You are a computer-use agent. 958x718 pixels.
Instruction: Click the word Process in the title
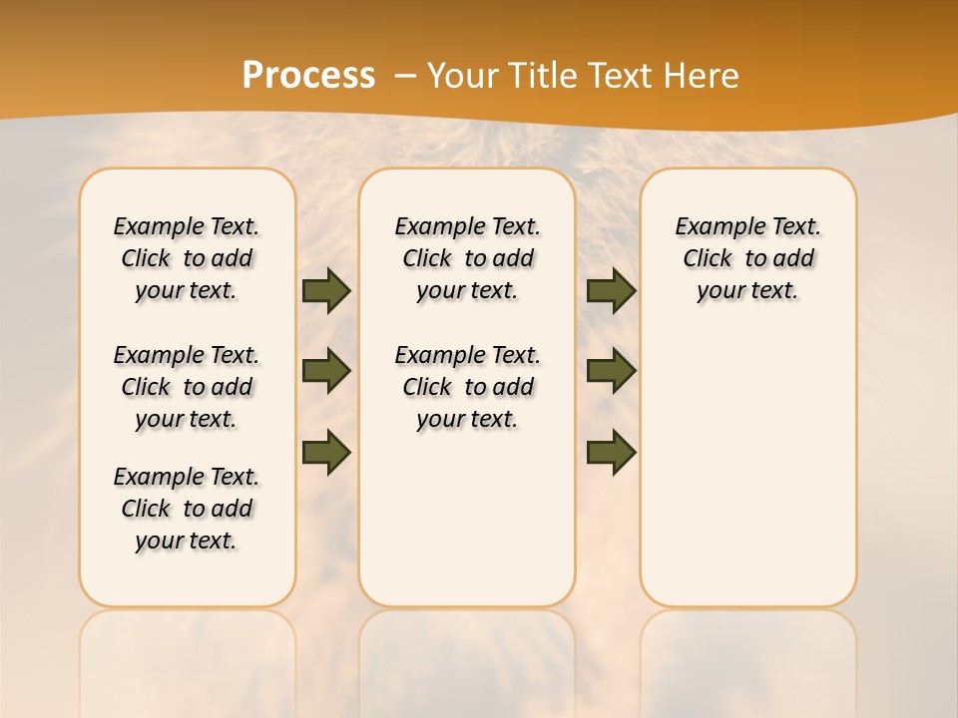[x=308, y=76]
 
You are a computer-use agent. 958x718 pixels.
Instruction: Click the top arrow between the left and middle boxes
[x=326, y=291]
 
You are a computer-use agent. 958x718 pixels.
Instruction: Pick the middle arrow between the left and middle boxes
[x=326, y=371]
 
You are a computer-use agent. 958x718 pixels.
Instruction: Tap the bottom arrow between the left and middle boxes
[x=326, y=452]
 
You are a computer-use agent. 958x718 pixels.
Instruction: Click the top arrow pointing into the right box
[x=611, y=291]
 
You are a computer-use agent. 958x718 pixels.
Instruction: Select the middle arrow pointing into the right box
[x=611, y=371]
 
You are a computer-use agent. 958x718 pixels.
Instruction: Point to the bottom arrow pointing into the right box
[x=611, y=452]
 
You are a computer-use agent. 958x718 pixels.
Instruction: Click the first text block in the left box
[x=187, y=258]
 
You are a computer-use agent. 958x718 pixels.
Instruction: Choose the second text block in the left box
[x=187, y=387]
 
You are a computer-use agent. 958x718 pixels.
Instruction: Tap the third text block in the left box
[x=187, y=509]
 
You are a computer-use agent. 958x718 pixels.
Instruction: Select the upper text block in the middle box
[x=468, y=258]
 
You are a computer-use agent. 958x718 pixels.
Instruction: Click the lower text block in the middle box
[x=468, y=387]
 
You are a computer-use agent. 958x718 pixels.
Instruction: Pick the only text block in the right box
[x=748, y=258]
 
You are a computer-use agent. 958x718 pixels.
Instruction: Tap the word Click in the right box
[x=708, y=259]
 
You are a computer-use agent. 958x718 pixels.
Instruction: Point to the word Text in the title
[x=625, y=76]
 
